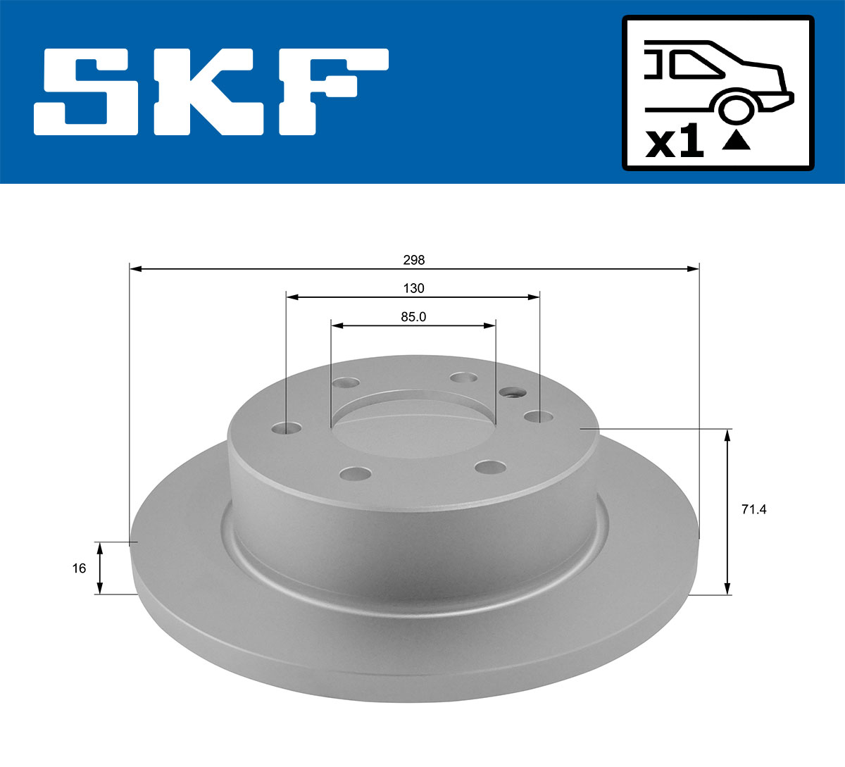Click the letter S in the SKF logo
[x=89, y=92]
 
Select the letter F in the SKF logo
[x=331, y=92]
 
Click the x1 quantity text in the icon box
[x=675, y=143]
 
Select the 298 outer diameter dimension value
[x=414, y=260]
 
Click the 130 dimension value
[x=414, y=288]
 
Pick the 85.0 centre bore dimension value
[x=414, y=317]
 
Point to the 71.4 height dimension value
[x=753, y=509]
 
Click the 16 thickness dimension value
[x=79, y=568]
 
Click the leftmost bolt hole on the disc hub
[x=286, y=428]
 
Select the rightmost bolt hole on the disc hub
[x=539, y=417]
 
